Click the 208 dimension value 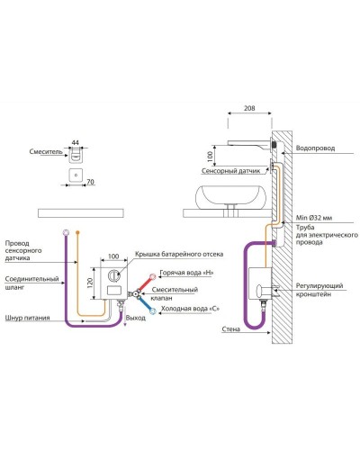(249, 108)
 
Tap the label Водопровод (315, 148)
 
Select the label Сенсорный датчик (231, 171)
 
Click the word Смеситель (46, 151)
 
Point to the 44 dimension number (76, 142)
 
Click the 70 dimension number (90, 182)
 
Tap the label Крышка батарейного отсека (179, 254)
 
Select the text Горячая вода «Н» (186, 273)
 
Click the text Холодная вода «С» (190, 309)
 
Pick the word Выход (136, 318)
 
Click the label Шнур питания (28, 318)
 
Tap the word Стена (231, 329)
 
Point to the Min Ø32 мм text (314, 218)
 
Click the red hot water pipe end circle (153, 276)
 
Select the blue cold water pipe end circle (153, 311)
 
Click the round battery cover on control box (114, 275)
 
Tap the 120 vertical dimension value (90, 283)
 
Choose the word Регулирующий (319, 286)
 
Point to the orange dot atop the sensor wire (77, 232)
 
